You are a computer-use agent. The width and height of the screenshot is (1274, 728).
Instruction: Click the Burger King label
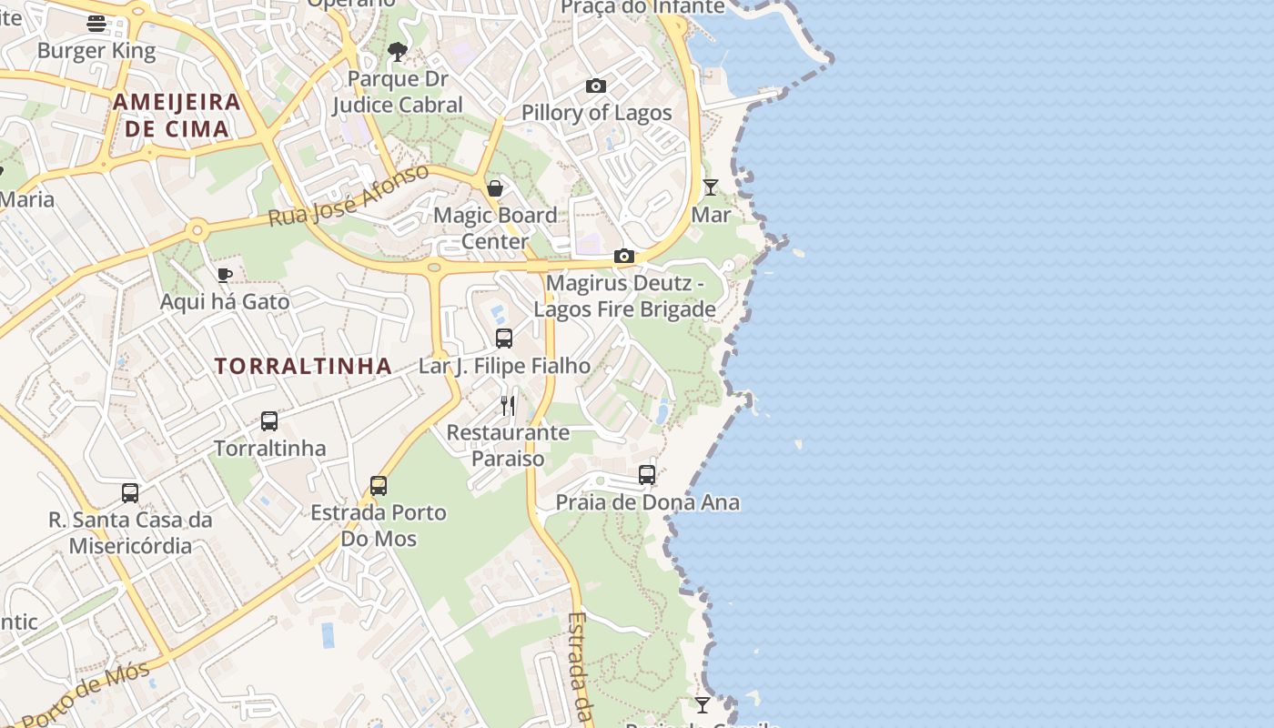click(96, 51)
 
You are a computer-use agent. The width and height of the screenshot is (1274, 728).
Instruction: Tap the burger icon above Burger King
click(96, 24)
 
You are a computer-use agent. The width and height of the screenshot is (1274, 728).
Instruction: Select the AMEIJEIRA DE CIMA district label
click(177, 115)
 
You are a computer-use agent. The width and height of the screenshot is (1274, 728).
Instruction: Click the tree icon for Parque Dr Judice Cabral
click(397, 52)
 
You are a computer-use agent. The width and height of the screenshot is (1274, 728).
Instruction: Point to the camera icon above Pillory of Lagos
click(596, 86)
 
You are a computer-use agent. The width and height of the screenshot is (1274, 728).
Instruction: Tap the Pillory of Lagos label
click(596, 113)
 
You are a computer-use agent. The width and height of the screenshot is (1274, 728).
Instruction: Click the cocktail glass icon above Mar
click(711, 187)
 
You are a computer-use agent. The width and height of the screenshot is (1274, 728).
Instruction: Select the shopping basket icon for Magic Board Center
click(495, 188)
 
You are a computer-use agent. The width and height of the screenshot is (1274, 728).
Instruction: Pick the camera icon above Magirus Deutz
click(623, 257)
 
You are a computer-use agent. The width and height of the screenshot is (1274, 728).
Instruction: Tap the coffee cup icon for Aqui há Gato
click(225, 275)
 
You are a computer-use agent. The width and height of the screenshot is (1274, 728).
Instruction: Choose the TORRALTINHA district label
click(303, 367)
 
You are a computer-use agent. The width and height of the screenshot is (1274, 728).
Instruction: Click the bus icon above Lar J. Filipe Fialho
click(504, 339)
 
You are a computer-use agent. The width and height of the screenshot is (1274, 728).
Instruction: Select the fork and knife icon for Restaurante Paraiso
click(508, 405)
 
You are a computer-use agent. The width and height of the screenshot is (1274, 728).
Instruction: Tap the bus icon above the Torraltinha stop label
click(269, 421)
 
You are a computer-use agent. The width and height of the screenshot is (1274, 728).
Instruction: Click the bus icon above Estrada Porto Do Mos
click(379, 486)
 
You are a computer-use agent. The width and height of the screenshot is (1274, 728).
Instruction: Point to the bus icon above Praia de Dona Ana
click(647, 475)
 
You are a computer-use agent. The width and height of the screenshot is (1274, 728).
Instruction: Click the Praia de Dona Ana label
click(647, 502)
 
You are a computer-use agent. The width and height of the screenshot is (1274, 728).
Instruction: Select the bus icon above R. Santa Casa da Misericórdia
click(130, 493)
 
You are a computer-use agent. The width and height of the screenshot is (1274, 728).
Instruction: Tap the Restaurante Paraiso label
click(508, 445)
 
